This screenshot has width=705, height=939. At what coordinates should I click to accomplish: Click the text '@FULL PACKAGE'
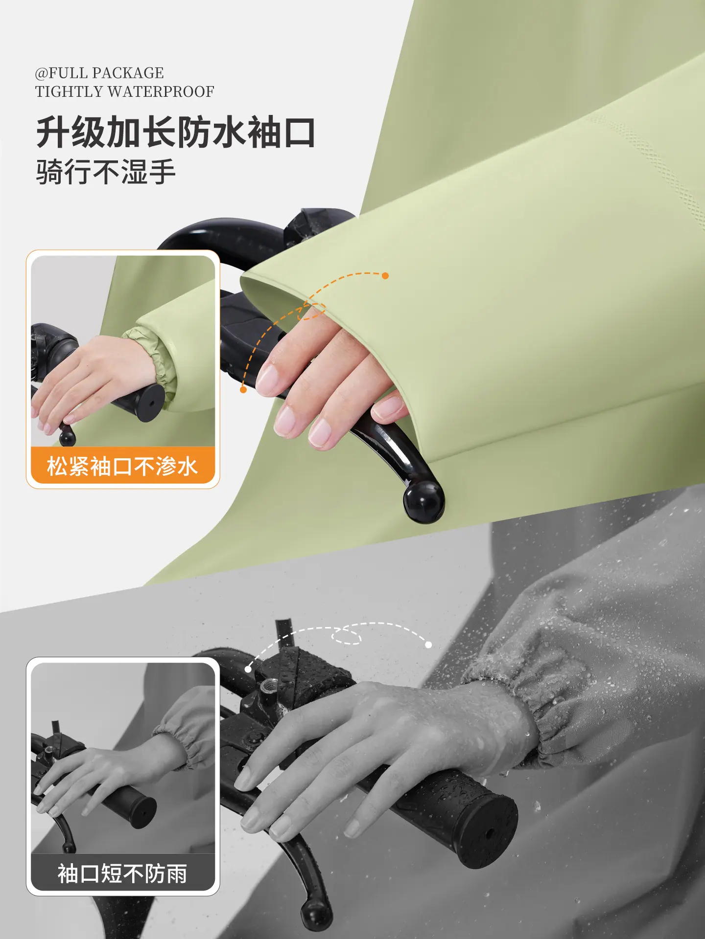[x=99, y=73]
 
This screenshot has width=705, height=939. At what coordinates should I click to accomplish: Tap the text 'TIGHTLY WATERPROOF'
[x=125, y=91]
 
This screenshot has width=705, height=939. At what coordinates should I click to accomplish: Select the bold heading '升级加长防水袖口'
[x=176, y=132]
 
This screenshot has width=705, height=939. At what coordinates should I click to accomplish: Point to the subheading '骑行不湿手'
[x=106, y=172]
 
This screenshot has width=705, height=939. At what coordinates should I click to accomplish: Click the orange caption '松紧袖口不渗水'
[x=122, y=466]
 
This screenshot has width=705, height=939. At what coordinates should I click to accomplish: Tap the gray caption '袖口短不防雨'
[x=122, y=873]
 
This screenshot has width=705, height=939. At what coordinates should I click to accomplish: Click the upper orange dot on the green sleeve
[x=385, y=276]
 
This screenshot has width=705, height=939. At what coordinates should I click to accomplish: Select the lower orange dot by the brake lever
[x=243, y=389]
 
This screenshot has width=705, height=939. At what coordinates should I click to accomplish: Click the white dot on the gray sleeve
[x=428, y=645]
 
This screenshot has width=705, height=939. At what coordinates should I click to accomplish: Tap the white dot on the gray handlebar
[x=248, y=669]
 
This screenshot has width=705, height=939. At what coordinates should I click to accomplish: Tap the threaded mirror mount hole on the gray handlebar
[x=267, y=686]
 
